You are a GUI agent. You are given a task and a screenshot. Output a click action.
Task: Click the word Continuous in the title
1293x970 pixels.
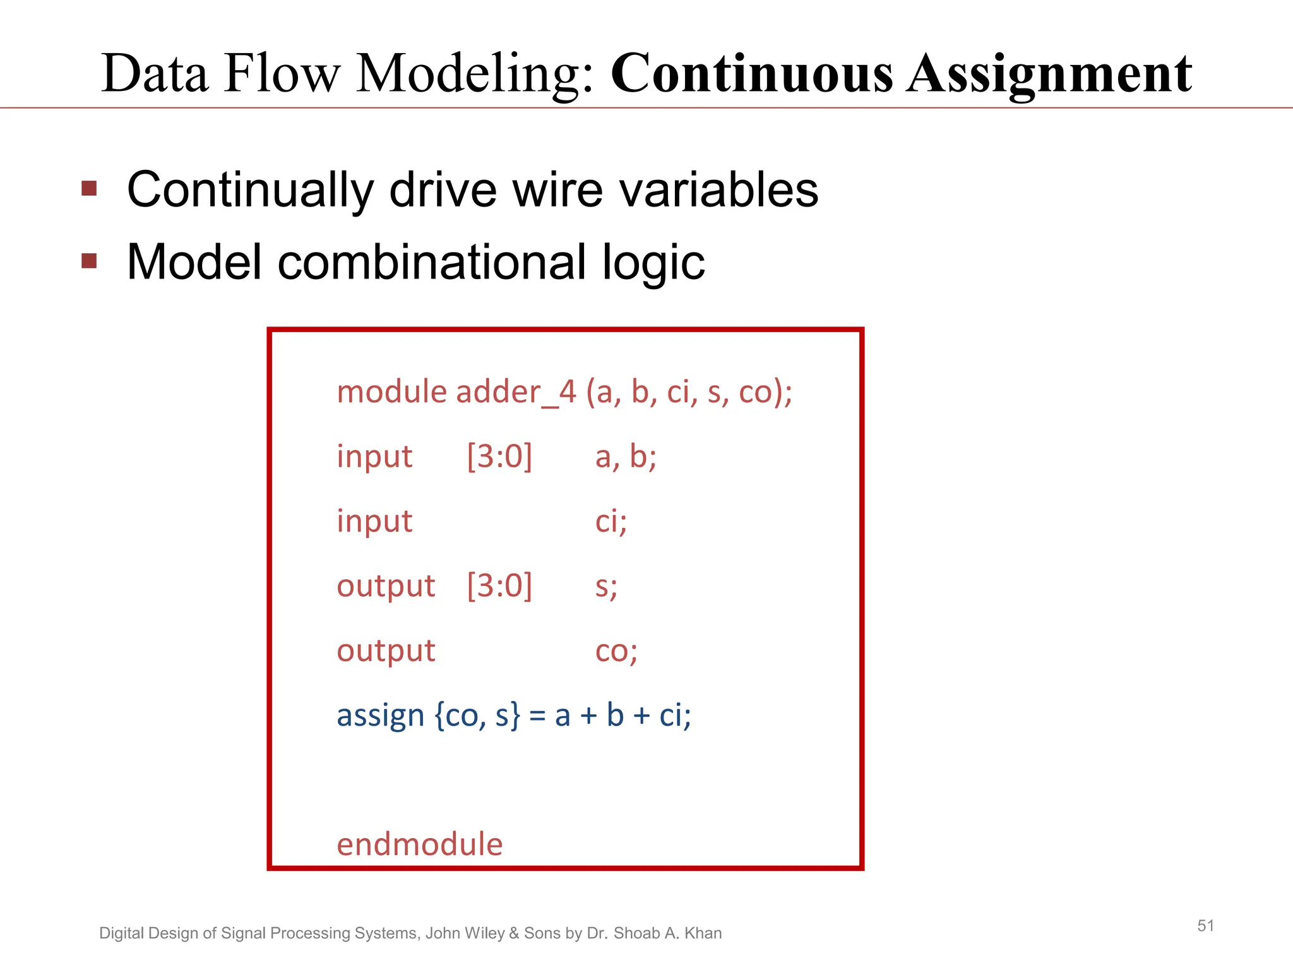(x=751, y=74)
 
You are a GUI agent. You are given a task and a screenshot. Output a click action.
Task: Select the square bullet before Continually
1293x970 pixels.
(x=90, y=188)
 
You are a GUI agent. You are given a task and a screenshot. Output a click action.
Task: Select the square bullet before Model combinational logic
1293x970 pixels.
(x=90, y=261)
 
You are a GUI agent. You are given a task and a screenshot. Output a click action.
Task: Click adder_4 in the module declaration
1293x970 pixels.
(x=516, y=392)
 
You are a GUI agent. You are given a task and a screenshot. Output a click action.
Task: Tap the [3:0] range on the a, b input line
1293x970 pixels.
(x=499, y=456)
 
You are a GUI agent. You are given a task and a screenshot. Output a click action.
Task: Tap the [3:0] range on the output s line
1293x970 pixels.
(x=499, y=585)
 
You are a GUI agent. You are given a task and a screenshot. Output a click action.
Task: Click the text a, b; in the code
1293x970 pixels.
(x=626, y=457)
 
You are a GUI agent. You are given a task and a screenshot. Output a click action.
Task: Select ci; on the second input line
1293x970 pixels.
(x=611, y=522)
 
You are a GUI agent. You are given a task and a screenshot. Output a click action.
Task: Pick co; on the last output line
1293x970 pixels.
(x=616, y=651)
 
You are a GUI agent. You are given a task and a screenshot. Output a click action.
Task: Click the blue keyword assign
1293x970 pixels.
(x=380, y=716)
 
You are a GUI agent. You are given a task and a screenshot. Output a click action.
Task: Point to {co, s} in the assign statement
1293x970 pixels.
(x=478, y=716)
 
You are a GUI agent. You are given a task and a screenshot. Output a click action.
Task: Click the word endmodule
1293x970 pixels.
(x=419, y=845)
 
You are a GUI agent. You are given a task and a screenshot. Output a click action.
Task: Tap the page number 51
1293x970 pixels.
(x=1205, y=926)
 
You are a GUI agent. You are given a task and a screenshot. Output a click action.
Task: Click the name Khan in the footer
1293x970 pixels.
(x=703, y=933)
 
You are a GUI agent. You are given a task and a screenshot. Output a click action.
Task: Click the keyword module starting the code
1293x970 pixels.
(x=391, y=392)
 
